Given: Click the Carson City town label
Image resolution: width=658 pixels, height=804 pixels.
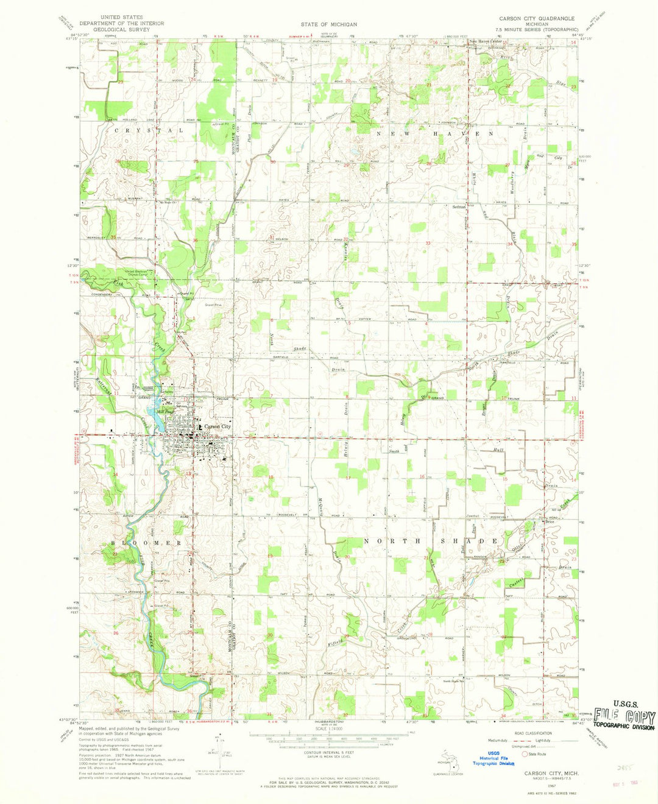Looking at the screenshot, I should coord(218,427).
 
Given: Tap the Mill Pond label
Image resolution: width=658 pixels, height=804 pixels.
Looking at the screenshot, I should coord(166,411).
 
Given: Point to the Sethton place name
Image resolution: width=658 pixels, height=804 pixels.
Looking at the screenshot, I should coord(459,207).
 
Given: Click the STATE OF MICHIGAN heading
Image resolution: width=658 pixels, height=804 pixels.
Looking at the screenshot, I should coord(328,24).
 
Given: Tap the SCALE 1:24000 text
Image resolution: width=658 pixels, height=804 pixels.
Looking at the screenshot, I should coord(328,728).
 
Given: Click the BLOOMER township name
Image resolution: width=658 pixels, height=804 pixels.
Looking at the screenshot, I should coord(146,542).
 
